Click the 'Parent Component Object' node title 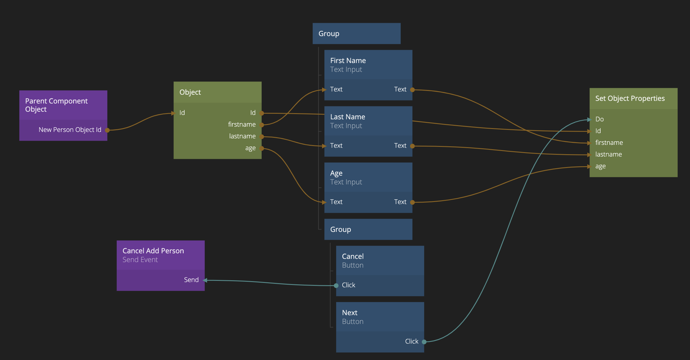56,105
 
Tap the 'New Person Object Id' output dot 107,130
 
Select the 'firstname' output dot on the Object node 262,125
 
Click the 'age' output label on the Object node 250,148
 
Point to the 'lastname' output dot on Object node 262,137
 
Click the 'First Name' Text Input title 348,61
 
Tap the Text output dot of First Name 412,90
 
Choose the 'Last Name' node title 348,117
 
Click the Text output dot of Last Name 412,146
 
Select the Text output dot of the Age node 412,202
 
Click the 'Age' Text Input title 336,173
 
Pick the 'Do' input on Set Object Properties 599,119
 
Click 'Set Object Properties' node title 630,99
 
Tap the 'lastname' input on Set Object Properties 608,154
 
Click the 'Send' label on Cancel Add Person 191,280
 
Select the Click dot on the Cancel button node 336,286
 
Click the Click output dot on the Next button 424,342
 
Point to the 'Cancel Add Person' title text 153,251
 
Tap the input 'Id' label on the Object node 182,113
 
